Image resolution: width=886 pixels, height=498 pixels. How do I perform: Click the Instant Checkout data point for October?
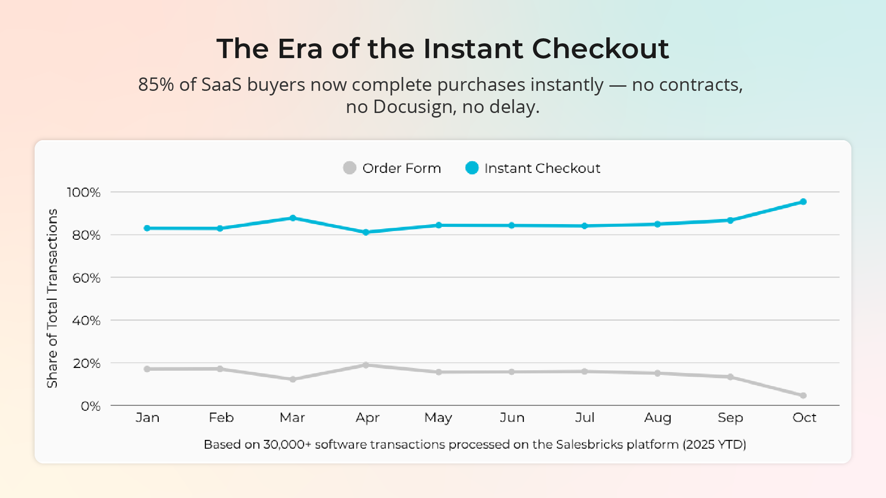pyautogui.click(x=803, y=202)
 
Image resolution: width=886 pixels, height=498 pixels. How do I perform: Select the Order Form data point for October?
pyautogui.click(x=803, y=396)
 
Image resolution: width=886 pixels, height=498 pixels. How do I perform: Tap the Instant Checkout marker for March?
pyautogui.click(x=293, y=218)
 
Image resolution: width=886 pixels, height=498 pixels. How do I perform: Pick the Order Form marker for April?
pyautogui.click(x=365, y=365)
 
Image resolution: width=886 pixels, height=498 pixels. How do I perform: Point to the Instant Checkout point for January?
pyautogui.click(x=147, y=228)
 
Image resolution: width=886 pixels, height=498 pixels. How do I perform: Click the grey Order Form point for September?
pyautogui.click(x=730, y=377)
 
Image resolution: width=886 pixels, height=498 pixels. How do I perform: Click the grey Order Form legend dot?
pyautogui.click(x=350, y=168)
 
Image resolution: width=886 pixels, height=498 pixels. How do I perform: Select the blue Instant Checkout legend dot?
pyautogui.click(x=472, y=168)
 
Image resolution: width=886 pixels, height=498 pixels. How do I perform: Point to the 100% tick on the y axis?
pyautogui.click(x=84, y=192)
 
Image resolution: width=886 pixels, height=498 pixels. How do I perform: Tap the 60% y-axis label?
pyautogui.click(x=86, y=278)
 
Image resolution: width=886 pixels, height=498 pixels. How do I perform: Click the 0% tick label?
pyautogui.click(x=90, y=406)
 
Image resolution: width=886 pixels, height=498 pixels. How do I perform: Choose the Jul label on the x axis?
pyautogui.click(x=584, y=418)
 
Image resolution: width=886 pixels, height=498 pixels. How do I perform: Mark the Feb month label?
pyautogui.click(x=221, y=418)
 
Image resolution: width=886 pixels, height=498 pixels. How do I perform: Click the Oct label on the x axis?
pyautogui.click(x=804, y=418)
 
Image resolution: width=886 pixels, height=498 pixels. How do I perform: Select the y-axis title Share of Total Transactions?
pyautogui.click(x=52, y=298)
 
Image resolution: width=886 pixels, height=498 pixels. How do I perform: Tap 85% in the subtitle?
pyautogui.click(x=156, y=85)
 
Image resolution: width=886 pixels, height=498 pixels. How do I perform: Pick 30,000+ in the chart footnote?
pyautogui.click(x=287, y=445)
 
